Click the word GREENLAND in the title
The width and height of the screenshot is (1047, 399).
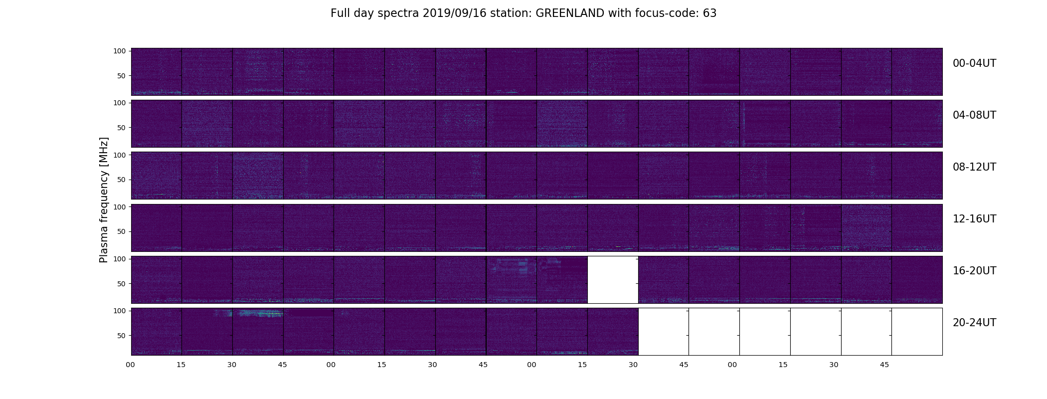pyautogui.click(x=570, y=13)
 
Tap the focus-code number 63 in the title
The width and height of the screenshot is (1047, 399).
pyautogui.click(x=709, y=13)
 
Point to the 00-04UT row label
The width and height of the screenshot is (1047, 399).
pyautogui.click(x=974, y=63)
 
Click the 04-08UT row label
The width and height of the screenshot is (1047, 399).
pyautogui.click(x=974, y=115)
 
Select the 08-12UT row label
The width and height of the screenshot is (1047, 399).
pyautogui.click(x=974, y=167)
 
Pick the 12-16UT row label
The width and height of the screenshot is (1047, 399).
pyautogui.click(x=974, y=219)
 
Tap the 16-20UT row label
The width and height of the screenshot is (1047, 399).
pyautogui.click(x=974, y=271)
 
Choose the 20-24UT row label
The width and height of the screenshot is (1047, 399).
pyautogui.click(x=974, y=323)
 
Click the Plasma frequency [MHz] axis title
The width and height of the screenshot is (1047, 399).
pyautogui.click(x=104, y=200)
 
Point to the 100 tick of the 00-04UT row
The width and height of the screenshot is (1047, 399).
pyautogui.click(x=120, y=51)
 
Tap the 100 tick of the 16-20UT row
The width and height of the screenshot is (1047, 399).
pyautogui.click(x=120, y=259)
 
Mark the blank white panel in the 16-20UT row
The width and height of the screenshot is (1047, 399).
pyautogui.click(x=613, y=280)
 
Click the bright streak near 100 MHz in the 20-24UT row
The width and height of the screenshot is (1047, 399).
pyautogui.click(x=259, y=314)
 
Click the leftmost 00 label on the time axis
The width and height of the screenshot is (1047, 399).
pyautogui.click(x=131, y=365)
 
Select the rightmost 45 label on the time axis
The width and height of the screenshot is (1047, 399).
pyautogui.click(x=884, y=365)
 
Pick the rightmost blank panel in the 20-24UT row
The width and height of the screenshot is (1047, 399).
pyautogui.click(x=917, y=332)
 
